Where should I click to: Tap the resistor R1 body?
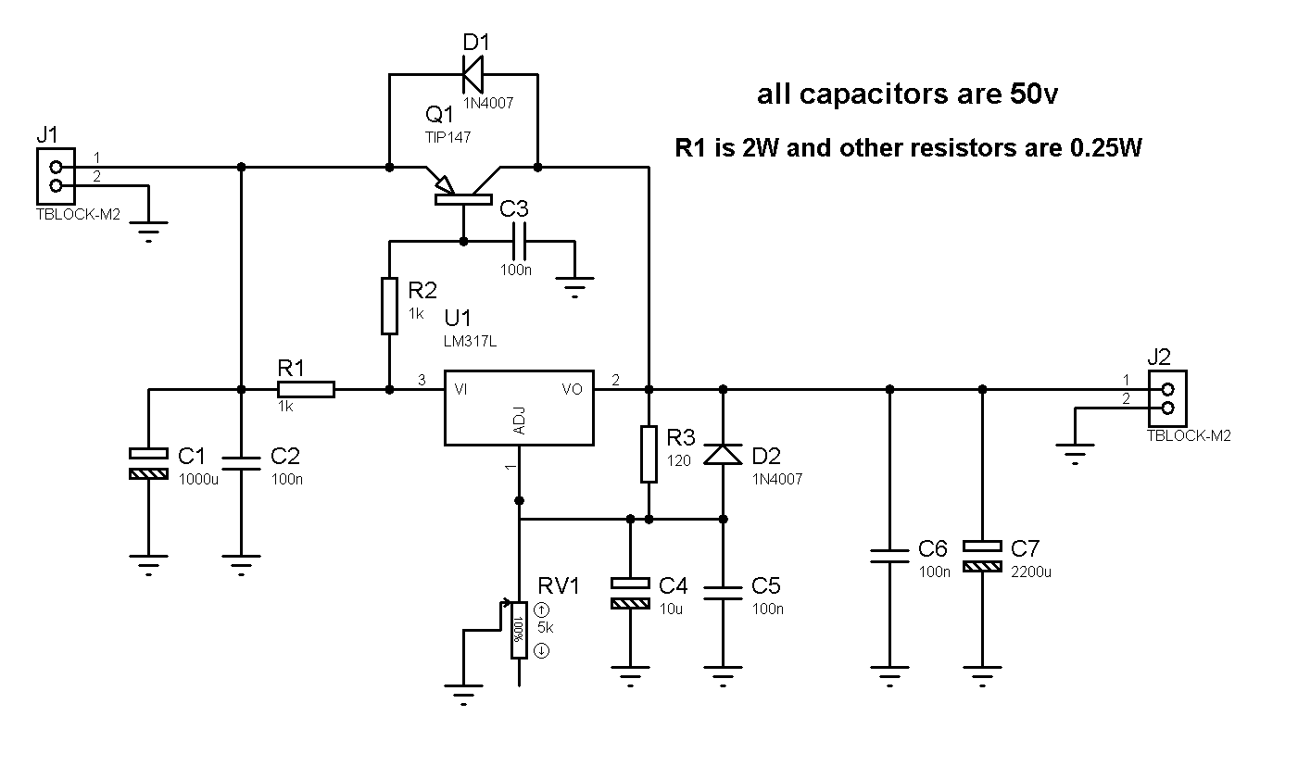coord(306,390)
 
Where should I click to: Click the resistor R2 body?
coord(389,306)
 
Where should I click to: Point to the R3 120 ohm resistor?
coord(649,454)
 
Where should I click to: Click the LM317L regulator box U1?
coord(519,408)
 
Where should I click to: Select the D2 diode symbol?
coord(723,454)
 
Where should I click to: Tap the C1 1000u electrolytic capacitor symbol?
coord(148,463)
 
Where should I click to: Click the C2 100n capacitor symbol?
coord(241,462)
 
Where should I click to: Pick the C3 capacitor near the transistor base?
coord(519,242)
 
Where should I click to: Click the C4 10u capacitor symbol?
coord(630,593)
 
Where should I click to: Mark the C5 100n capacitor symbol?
coord(723,593)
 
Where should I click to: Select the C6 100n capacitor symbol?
coord(889,556)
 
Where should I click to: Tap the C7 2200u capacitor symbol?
coord(982,555)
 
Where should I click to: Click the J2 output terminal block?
coord(1166,398)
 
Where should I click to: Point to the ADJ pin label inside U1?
coord(519,420)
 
